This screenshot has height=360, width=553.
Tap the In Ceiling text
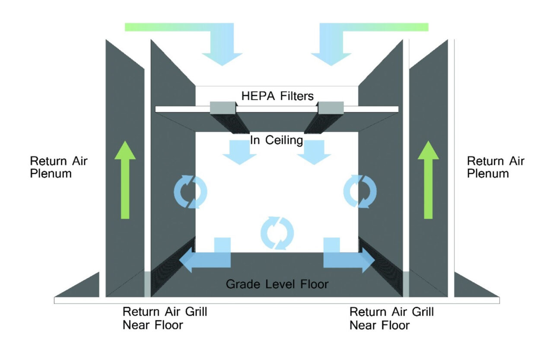click(276, 140)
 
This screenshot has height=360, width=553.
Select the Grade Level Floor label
click(277, 284)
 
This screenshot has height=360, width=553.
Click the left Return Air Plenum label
click(58, 167)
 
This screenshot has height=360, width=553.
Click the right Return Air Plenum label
click(496, 167)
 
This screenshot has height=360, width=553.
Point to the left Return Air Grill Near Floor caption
click(165, 318)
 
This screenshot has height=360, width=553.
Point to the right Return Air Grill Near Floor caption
click(391, 318)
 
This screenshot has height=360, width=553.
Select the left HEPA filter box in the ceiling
click(223, 108)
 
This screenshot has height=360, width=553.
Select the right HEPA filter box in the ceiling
click(331, 108)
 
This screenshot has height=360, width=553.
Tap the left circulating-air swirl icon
click(191, 191)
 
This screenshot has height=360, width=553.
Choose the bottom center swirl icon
click(277, 233)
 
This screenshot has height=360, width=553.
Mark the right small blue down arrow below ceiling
click(314, 153)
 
